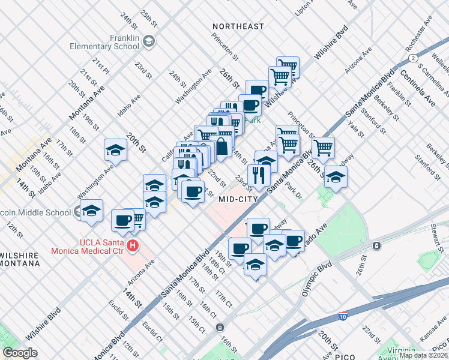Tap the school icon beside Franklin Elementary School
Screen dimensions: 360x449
click(x=148, y=41)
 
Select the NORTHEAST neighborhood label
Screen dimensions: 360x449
click(x=238, y=26)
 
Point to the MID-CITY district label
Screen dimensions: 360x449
click(x=238, y=199)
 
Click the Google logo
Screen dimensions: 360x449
click(x=20, y=353)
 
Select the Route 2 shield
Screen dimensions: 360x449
click(x=413, y=58)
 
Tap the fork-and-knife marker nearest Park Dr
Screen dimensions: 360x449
click(x=258, y=175)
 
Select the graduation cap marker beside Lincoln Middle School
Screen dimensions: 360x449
click(x=91, y=210)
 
